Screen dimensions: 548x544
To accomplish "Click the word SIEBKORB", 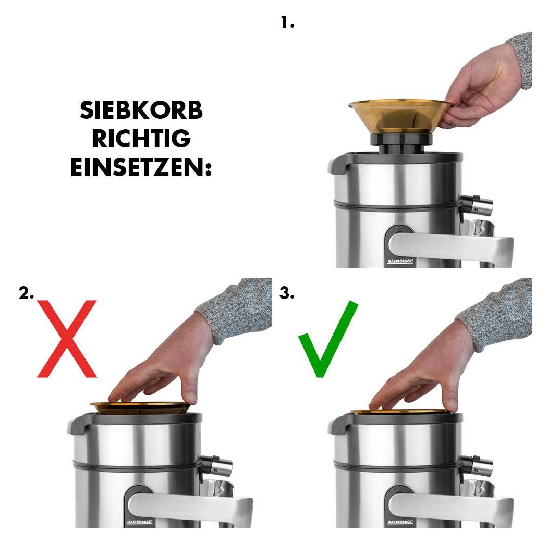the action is [x=141, y=110].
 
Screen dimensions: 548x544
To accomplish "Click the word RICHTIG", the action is [x=141, y=139].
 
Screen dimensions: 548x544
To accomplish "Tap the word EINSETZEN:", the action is [x=141, y=167].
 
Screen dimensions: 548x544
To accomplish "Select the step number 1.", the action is [x=287, y=23].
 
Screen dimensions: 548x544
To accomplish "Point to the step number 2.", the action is [x=26, y=293].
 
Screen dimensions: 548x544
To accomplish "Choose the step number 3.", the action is [x=287, y=293].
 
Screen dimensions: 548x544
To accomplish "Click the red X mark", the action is [x=67, y=338].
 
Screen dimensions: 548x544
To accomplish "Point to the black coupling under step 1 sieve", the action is [x=400, y=143].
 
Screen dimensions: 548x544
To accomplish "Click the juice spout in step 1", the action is [x=477, y=204].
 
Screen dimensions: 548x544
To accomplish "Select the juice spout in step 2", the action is [x=216, y=465].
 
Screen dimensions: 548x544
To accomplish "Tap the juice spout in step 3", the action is [x=477, y=465].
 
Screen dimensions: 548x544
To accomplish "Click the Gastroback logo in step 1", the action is [x=400, y=261].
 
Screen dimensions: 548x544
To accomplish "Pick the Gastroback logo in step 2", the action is [x=139, y=522].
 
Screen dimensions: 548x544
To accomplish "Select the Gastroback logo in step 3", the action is [x=400, y=522].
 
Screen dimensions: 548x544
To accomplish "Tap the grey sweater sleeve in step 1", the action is [x=522, y=59].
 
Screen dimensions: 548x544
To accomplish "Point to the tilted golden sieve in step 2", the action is [x=140, y=408].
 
